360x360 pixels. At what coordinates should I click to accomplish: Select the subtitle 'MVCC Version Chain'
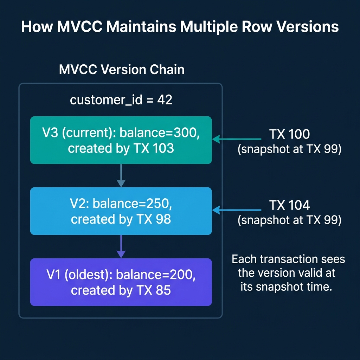(122, 69)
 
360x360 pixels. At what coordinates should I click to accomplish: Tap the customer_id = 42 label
(121, 100)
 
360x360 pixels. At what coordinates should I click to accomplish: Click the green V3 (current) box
(121, 140)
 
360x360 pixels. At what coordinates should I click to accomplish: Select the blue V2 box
(121, 211)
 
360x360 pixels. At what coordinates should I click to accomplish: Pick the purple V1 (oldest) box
(121, 282)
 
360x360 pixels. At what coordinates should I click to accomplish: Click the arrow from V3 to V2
(121, 175)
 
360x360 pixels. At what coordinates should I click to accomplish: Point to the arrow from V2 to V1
(121, 246)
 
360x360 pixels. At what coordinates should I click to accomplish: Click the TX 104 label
(289, 205)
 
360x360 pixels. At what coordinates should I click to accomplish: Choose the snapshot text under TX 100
(289, 149)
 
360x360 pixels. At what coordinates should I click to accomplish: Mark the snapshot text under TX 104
(289, 220)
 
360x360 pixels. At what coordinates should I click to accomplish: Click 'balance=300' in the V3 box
(160, 133)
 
